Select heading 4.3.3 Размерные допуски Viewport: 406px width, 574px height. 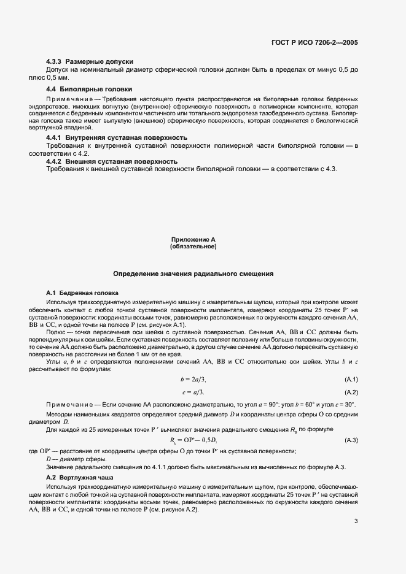click(x=90, y=62)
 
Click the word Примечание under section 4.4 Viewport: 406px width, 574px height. click(x=68, y=99)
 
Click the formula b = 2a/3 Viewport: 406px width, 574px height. click(x=193, y=380)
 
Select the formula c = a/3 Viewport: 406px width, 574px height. click(x=193, y=392)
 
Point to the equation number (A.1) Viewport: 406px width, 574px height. click(x=351, y=380)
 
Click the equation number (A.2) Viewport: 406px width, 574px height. click(x=351, y=392)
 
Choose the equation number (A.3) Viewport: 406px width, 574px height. click(x=351, y=440)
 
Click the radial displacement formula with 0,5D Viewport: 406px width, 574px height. click(x=193, y=440)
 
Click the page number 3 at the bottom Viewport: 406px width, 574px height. click(x=356, y=521)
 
